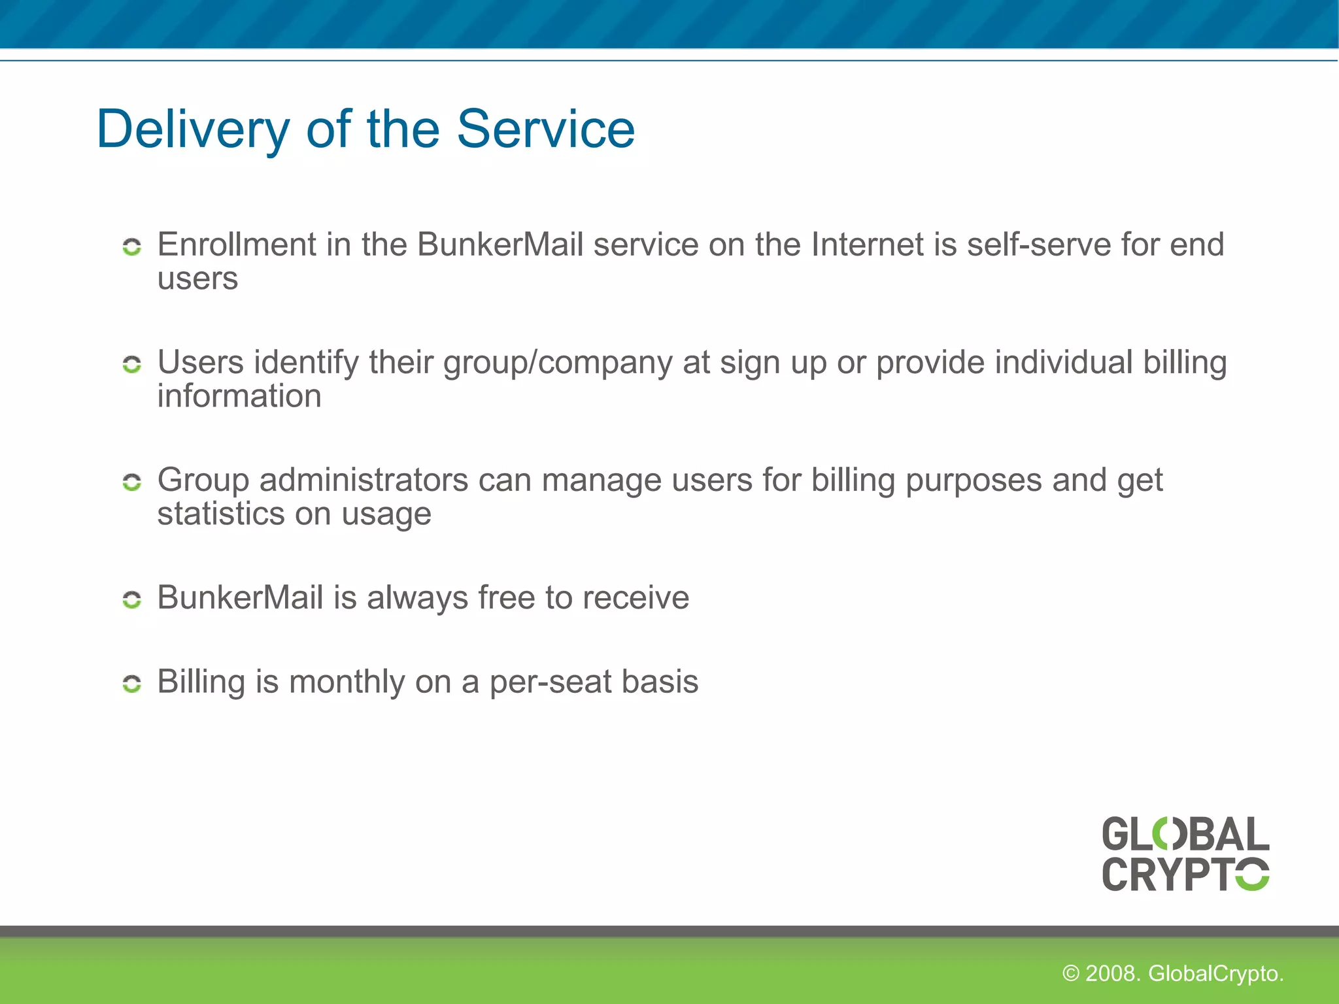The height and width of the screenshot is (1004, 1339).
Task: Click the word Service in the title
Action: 545,129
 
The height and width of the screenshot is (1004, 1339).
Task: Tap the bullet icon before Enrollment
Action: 132,247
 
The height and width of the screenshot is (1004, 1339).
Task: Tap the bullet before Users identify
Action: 132,365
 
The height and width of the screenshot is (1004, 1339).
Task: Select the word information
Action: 239,397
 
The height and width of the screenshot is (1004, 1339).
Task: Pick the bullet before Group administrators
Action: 132,482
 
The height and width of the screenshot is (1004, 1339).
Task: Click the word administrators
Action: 364,480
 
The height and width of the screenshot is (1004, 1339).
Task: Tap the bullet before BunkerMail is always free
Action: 132,599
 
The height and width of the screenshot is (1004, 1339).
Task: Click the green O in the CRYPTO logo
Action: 1251,875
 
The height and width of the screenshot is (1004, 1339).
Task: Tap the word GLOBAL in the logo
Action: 1185,835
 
